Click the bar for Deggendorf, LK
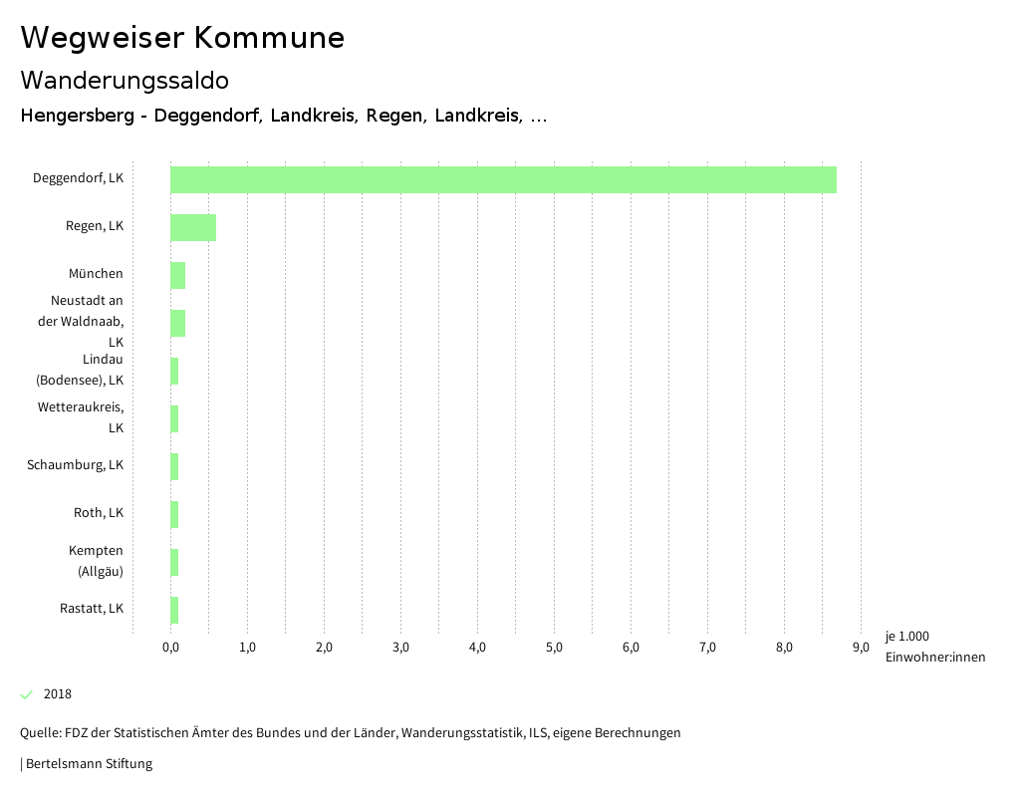click(x=503, y=179)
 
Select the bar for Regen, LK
click(x=193, y=227)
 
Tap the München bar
click(x=177, y=275)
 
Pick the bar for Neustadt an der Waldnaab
click(x=177, y=323)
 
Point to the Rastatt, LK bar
click(x=174, y=610)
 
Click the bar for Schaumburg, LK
click(x=174, y=466)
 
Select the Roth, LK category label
click(x=99, y=513)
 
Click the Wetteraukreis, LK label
click(x=81, y=417)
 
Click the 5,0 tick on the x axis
click(x=554, y=648)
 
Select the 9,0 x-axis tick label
click(x=861, y=648)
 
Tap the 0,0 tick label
click(x=170, y=648)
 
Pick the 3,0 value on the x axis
click(x=400, y=648)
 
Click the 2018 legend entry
click(x=58, y=694)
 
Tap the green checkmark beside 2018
click(x=27, y=694)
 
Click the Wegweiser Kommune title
click(x=182, y=38)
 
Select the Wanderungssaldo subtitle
click(x=125, y=80)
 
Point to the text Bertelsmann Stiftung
click(x=89, y=764)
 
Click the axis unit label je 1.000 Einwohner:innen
click(x=934, y=647)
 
